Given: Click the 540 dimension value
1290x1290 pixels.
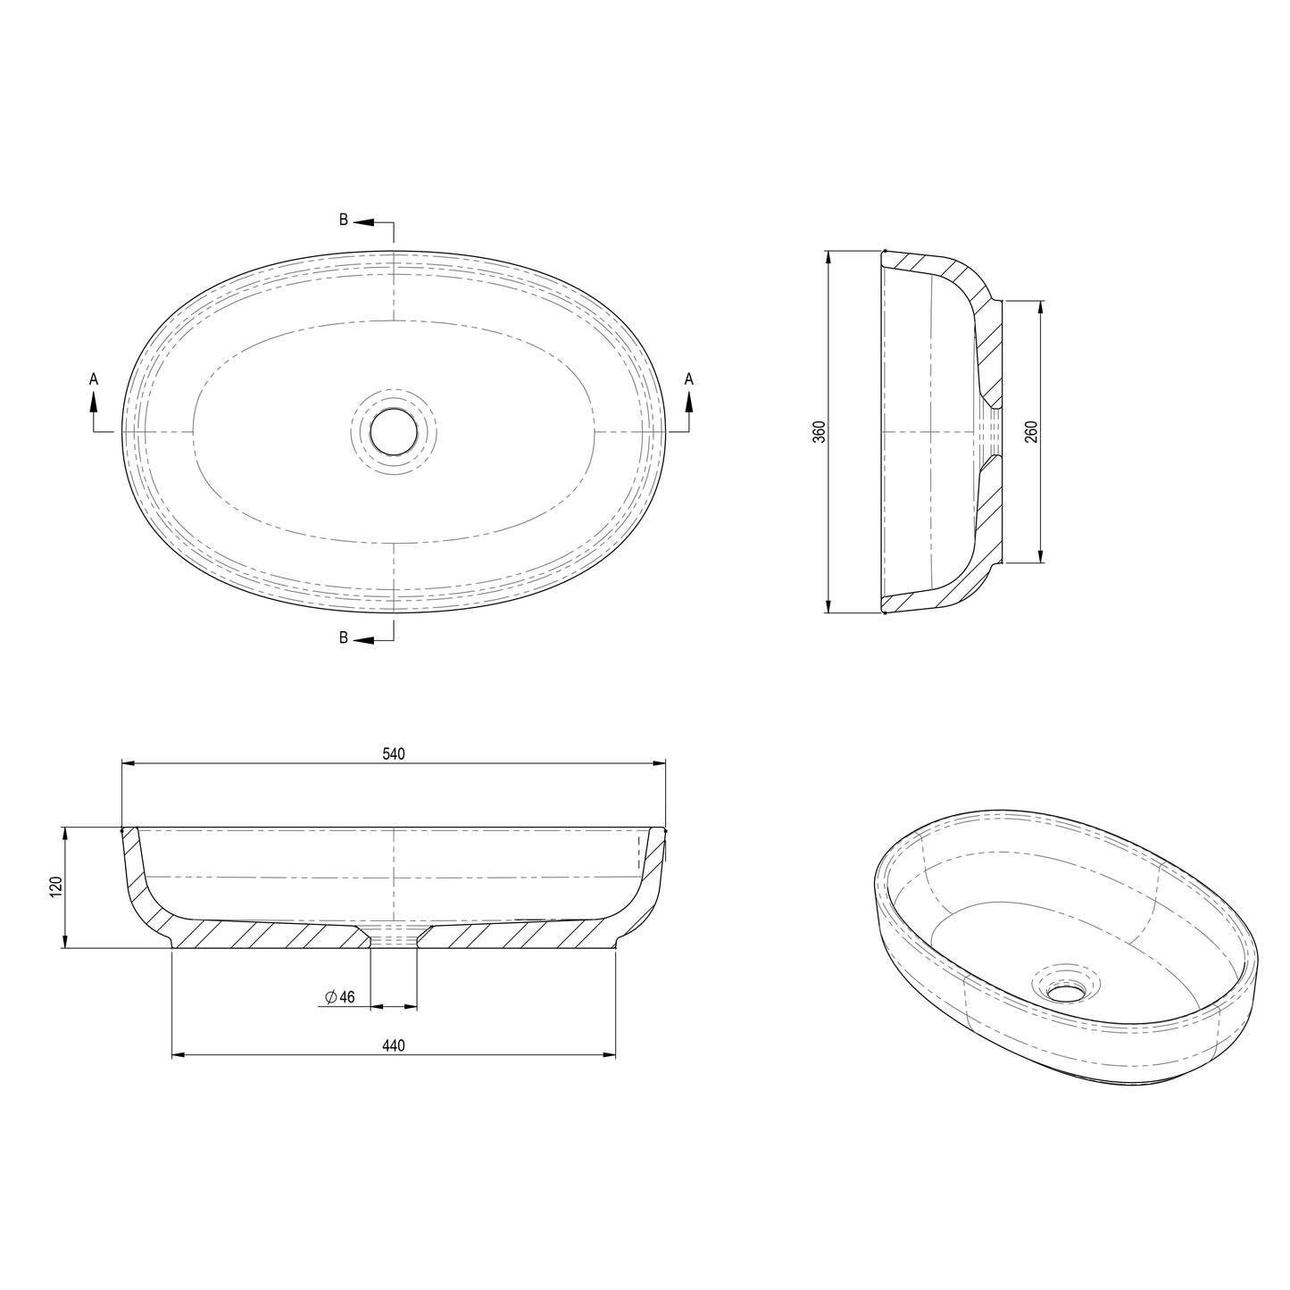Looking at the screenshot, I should click(x=394, y=753).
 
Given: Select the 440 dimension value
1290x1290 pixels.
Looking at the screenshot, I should click(x=394, y=1045).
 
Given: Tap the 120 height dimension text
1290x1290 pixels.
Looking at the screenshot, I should click(x=55, y=887).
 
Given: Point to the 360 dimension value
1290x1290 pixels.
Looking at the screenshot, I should click(x=820, y=432).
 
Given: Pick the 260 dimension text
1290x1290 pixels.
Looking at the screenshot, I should click(x=1031, y=432).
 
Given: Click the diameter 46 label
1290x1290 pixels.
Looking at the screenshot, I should click(x=340, y=997).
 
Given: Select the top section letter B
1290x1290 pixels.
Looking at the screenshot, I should click(x=344, y=221).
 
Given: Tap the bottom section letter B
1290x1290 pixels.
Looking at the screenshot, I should click(x=344, y=637).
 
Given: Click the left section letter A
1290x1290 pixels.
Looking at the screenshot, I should click(x=94, y=379).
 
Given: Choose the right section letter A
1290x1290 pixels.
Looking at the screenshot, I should click(x=688, y=379).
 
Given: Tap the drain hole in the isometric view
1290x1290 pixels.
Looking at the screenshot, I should click(x=1064, y=991).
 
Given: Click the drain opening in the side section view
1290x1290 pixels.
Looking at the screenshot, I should click(x=994, y=432).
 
